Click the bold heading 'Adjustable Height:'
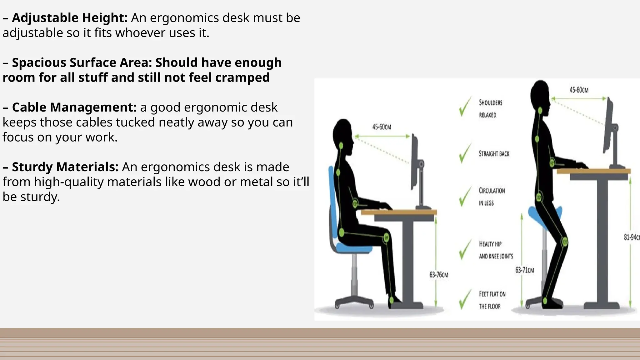point(69,18)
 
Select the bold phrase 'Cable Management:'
point(74,107)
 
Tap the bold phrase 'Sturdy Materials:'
point(65,167)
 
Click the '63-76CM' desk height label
point(439,275)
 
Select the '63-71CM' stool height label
point(525,270)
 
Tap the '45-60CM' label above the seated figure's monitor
point(382,127)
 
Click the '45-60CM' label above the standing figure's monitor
point(579,90)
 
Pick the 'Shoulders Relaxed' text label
point(491,109)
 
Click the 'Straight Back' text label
point(494,154)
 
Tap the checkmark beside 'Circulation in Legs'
point(465,197)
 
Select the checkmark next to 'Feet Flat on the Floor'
point(465,299)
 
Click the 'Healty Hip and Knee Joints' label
point(496,250)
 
